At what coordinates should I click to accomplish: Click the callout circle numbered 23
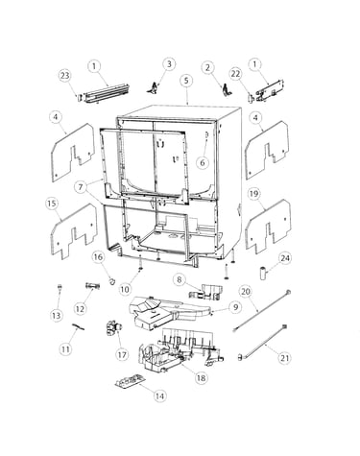pos(65,76)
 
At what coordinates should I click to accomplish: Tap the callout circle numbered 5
pos(186,80)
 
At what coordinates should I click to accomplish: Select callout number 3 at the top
pos(169,64)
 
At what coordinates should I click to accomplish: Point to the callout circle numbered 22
pos(235,74)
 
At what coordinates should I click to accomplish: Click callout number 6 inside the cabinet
pos(203,162)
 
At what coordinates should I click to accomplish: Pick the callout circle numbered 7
pos(81,187)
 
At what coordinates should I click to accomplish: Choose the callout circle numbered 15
pos(52,204)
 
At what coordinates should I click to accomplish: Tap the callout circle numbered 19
pos(254,194)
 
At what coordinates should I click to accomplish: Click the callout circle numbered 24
pos(285,258)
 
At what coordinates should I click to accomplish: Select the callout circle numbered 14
pos(159,396)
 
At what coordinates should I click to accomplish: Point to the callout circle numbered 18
pos(202,377)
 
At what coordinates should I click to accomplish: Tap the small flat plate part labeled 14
pos(131,382)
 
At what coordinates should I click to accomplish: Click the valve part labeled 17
pos(114,329)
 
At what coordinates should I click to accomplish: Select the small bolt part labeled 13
pos(59,286)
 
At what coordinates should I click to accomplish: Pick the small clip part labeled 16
pos(111,280)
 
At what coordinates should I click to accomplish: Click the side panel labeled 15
pos(73,231)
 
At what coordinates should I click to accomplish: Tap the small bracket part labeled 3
pos(154,88)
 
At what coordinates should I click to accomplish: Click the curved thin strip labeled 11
pos(78,325)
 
